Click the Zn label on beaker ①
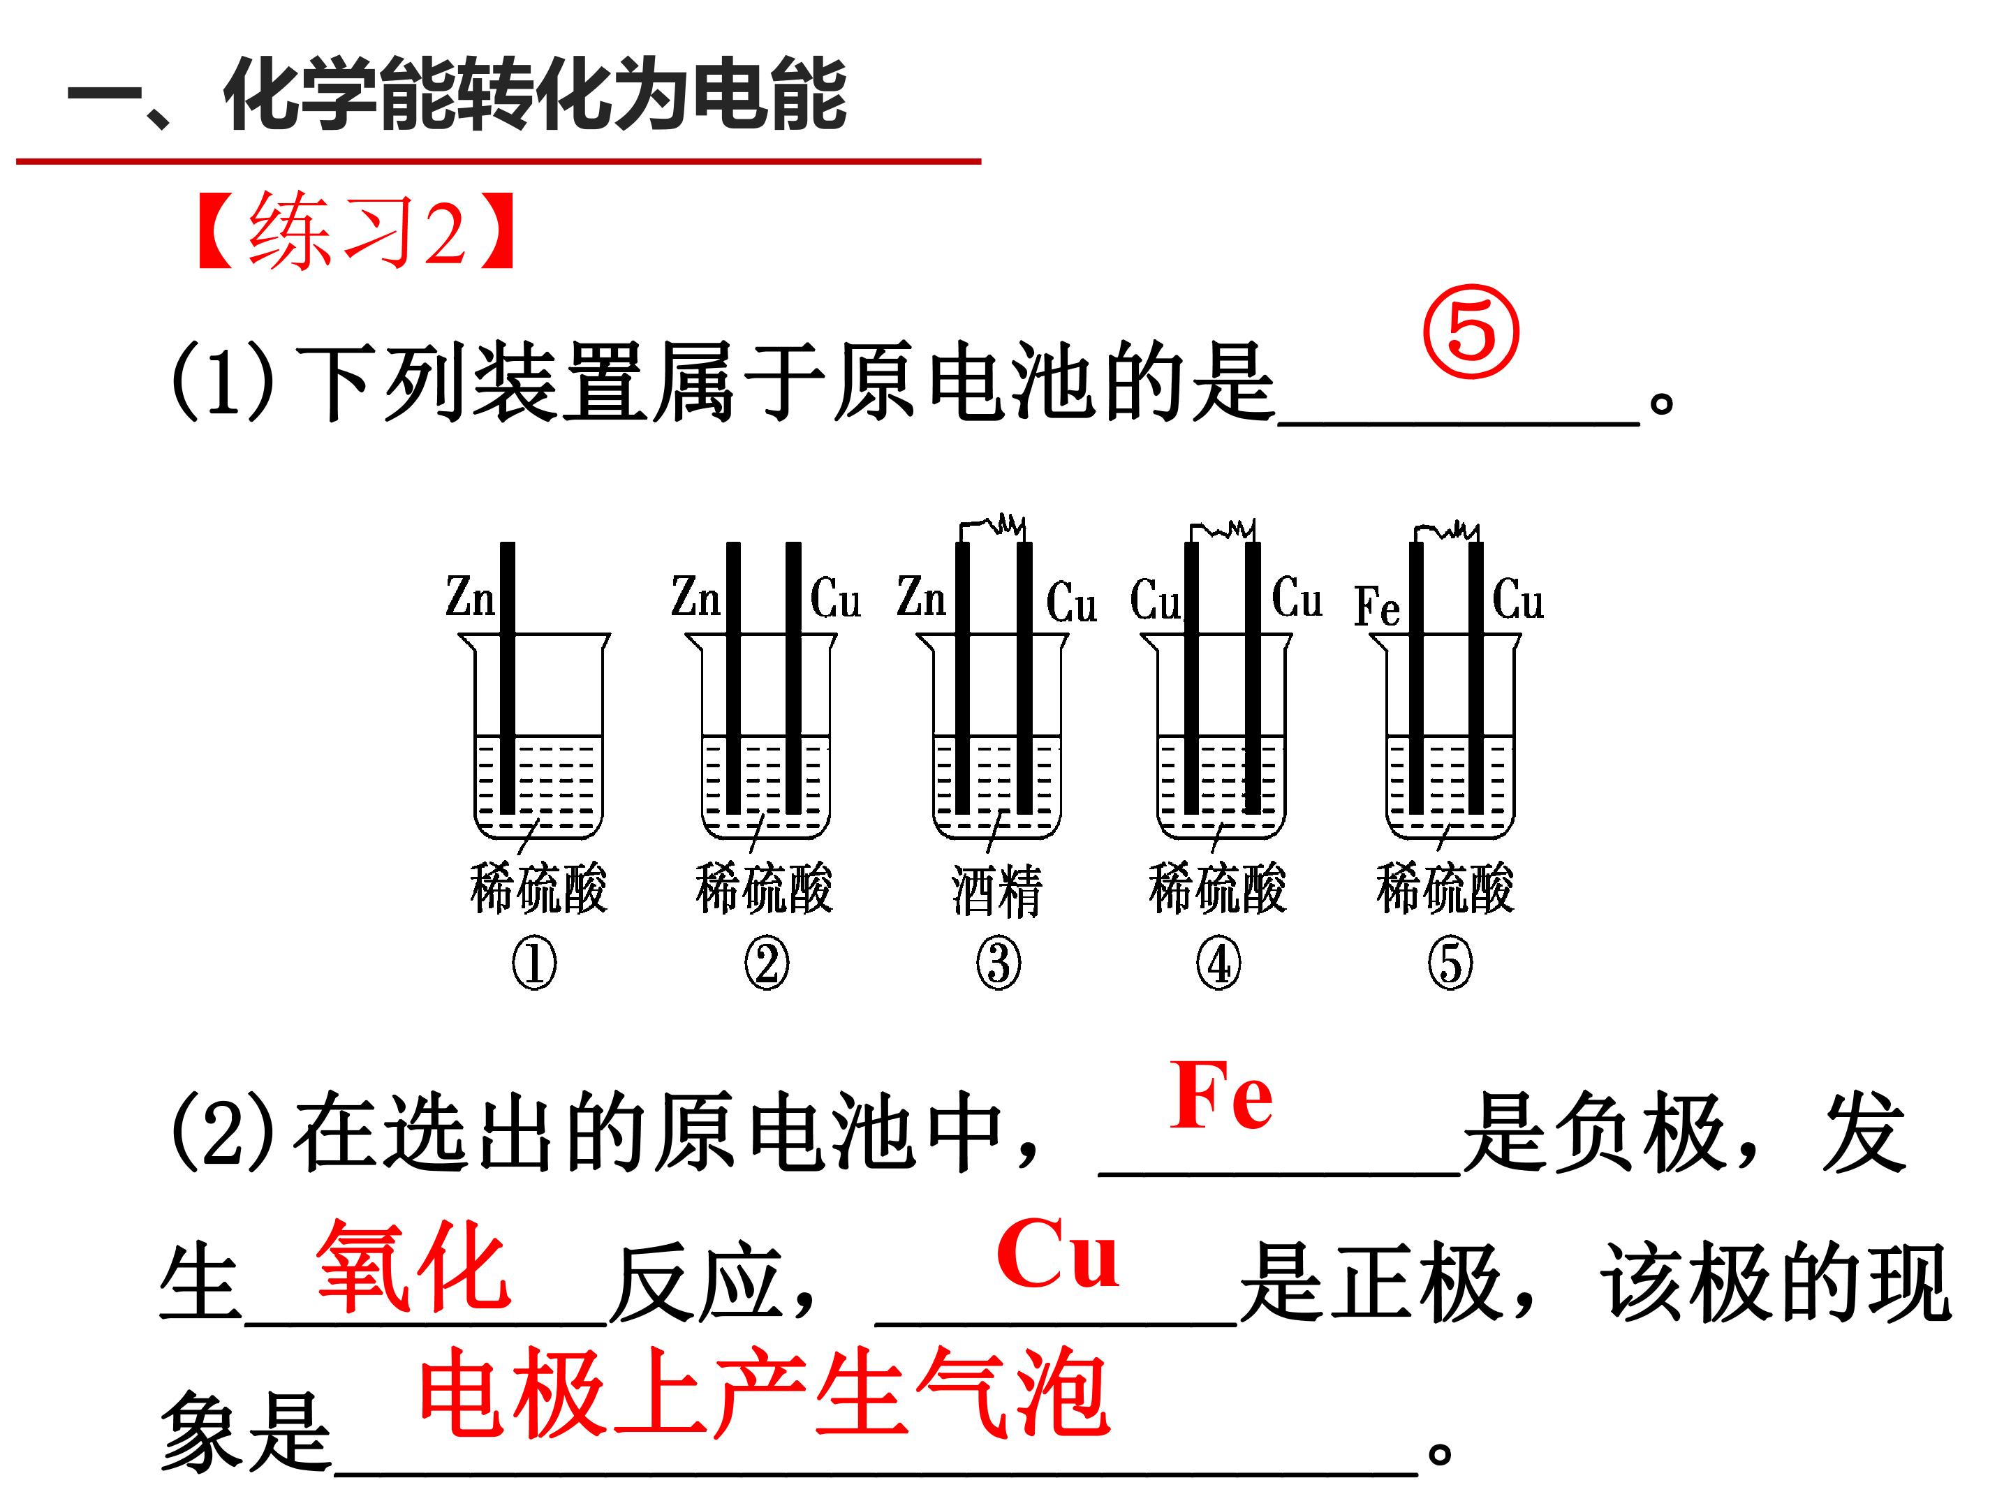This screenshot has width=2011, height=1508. [x=470, y=596]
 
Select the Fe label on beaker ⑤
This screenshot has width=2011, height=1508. [x=1376, y=606]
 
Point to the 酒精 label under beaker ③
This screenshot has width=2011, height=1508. [x=996, y=890]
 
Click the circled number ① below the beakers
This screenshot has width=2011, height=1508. [x=533, y=963]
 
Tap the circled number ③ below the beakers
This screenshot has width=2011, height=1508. [x=999, y=963]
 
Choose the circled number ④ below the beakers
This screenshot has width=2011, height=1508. [x=1218, y=963]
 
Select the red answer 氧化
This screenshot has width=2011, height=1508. [x=413, y=1265]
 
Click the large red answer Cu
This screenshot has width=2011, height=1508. [x=1057, y=1255]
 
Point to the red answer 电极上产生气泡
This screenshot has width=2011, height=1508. [x=764, y=1393]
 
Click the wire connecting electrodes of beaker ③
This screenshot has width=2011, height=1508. [x=993, y=526]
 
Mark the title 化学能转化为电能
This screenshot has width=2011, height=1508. [x=536, y=94]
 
